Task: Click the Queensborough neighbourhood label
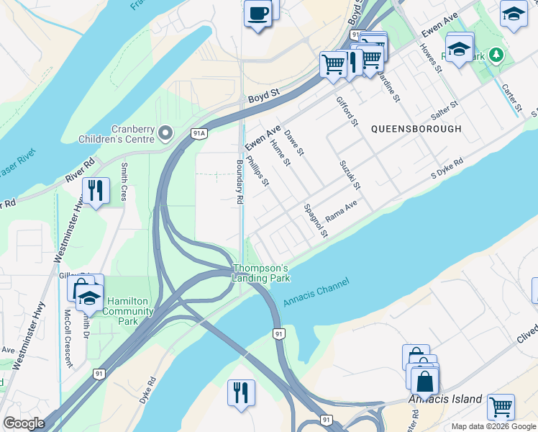(416, 129)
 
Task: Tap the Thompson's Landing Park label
(260, 273)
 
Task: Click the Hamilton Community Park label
(129, 307)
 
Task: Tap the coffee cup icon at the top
(257, 13)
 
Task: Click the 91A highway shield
(199, 133)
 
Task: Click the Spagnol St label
(315, 220)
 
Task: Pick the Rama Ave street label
(341, 211)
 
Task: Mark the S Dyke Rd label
(447, 170)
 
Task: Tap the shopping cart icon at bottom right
(501, 406)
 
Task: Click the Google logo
(23, 423)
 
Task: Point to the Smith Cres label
(124, 181)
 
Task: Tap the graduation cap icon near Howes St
(459, 49)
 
